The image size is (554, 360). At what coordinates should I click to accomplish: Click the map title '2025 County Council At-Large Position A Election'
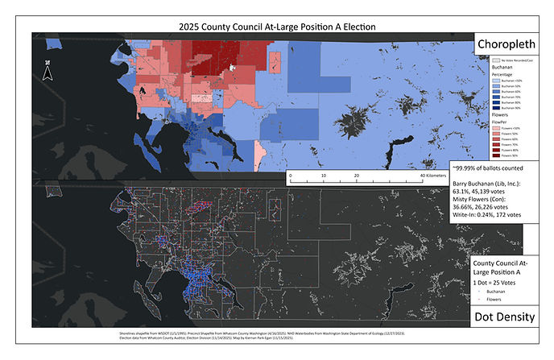(x=277, y=27)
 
